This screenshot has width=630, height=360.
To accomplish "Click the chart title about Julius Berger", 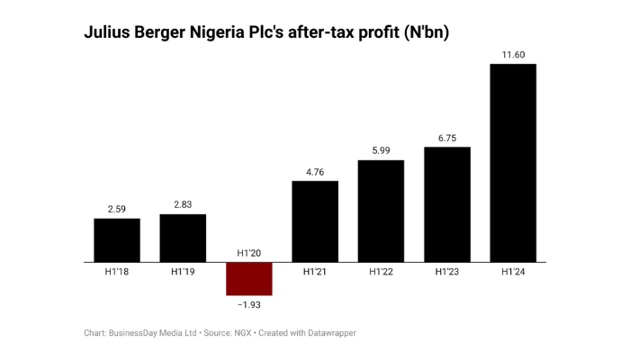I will (x=266, y=33).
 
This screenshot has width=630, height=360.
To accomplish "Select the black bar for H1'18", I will (x=117, y=239).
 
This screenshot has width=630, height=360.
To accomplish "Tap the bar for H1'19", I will (x=183, y=238).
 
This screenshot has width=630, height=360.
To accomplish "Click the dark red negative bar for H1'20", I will (x=248, y=278).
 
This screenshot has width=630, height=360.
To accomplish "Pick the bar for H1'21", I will (x=315, y=221).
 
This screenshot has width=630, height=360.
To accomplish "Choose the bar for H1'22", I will (x=381, y=211).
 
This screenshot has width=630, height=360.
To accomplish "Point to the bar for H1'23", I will (x=447, y=204).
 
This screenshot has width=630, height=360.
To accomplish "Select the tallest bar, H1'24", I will (x=513, y=163).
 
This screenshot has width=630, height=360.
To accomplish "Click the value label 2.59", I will (x=117, y=209).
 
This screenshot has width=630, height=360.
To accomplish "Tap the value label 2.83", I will (x=183, y=205).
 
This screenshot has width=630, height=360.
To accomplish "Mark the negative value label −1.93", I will (x=248, y=305).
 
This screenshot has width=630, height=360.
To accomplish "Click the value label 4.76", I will (x=315, y=172).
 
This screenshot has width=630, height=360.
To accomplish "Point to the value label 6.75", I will (x=447, y=138).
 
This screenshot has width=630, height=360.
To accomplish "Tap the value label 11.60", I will (x=513, y=55).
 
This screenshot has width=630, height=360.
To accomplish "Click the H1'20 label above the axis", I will (x=248, y=253).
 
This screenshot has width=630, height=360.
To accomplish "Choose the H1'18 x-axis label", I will (x=117, y=272).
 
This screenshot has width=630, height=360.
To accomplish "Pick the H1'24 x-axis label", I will (x=513, y=272).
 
